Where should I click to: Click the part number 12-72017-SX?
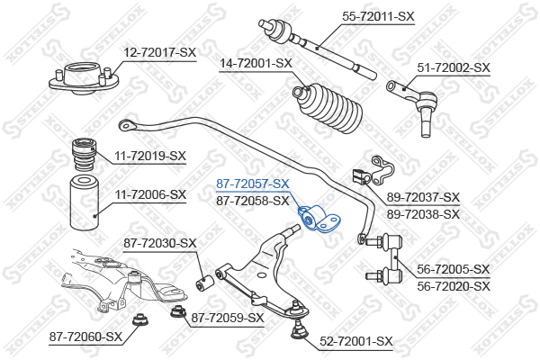pos(159,53)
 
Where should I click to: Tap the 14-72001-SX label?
pos(256,63)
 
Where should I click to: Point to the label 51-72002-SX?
pos(454,67)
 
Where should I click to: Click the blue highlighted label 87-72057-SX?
pos(252,184)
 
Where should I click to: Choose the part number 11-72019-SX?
pos(149,156)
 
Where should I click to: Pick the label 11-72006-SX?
pos(149,194)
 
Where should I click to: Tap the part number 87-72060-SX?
pos(85,337)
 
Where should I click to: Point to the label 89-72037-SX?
pos(423,197)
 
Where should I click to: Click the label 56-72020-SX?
pos(454,286)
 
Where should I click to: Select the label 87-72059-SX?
pos(228,318)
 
